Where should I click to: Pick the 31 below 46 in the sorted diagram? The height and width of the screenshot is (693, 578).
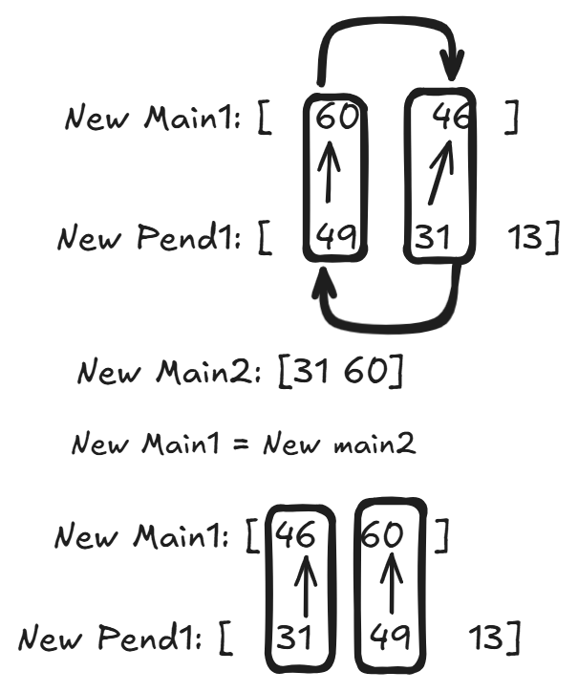pos(299,636)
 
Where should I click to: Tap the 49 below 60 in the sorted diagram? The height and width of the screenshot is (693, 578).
pos(390,636)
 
